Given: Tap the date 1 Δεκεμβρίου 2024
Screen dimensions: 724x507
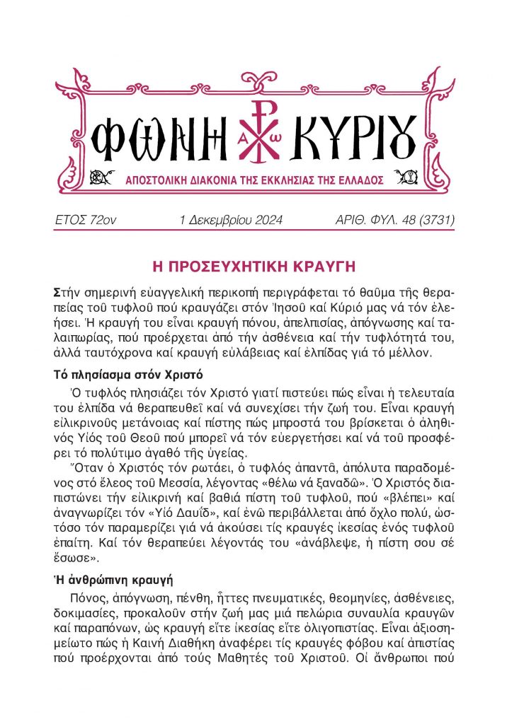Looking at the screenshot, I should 232,221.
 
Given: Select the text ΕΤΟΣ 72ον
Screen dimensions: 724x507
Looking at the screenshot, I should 86,221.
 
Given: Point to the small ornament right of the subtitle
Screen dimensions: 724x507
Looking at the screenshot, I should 404,176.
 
